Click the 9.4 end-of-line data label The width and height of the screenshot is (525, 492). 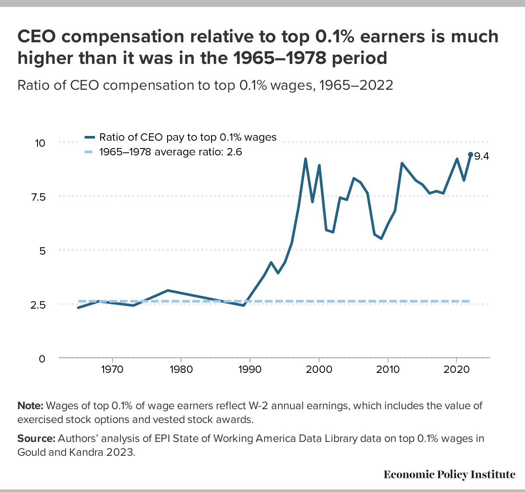pyautogui.click(x=481, y=157)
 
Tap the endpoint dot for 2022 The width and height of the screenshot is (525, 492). pyautogui.click(x=471, y=154)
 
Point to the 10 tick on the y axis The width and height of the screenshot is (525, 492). pyautogui.click(x=40, y=142)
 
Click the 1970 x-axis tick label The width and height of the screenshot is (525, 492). pyautogui.click(x=112, y=370)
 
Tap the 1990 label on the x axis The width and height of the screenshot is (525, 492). pyautogui.click(x=250, y=370)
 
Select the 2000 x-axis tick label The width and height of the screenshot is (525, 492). pyautogui.click(x=319, y=370)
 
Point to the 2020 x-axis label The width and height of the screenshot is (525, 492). pyautogui.click(x=456, y=370)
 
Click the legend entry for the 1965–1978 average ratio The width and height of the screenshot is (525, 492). pyautogui.click(x=171, y=152)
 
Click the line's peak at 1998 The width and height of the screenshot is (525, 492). pyautogui.click(x=305, y=159)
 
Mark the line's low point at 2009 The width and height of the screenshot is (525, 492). pyautogui.click(x=381, y=238)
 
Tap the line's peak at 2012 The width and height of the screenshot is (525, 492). pyautogui.click(x=402, y=164)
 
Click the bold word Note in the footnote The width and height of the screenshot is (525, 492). pyautogui.click(x=30, y=406)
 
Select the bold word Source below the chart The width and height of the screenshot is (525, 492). pyautogui.click(x=36, y=439)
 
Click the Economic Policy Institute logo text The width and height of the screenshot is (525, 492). pyautogui.click(x=449, y=475)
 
